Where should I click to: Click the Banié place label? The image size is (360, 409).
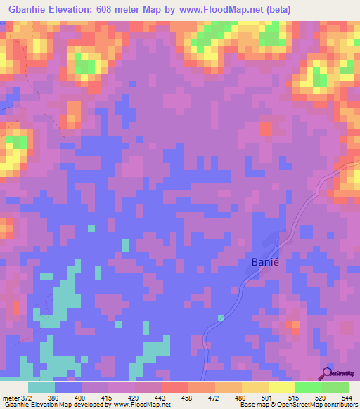[267, 262]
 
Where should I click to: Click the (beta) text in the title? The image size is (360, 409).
[274, 9]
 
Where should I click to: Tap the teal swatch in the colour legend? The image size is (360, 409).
[41, 387]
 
